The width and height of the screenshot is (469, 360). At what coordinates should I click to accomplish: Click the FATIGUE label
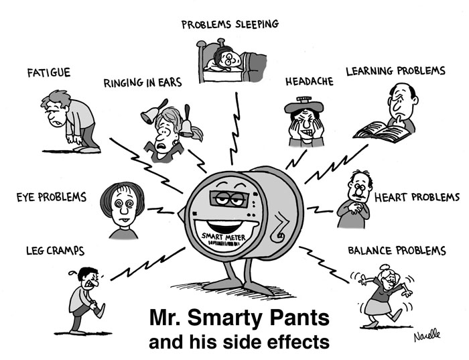coord(48,72)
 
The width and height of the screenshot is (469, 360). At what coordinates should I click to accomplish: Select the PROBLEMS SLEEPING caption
coord(230,25)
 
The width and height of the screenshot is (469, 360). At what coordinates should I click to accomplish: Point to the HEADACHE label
coord(309,81)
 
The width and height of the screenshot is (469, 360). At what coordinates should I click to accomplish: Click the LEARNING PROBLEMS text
coord(395,70)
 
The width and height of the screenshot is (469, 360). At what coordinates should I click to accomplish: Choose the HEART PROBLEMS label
coord(417,197)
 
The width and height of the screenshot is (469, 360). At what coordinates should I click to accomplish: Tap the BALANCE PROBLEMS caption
coord(397,251)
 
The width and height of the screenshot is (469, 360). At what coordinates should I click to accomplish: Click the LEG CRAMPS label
coord(55,251)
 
